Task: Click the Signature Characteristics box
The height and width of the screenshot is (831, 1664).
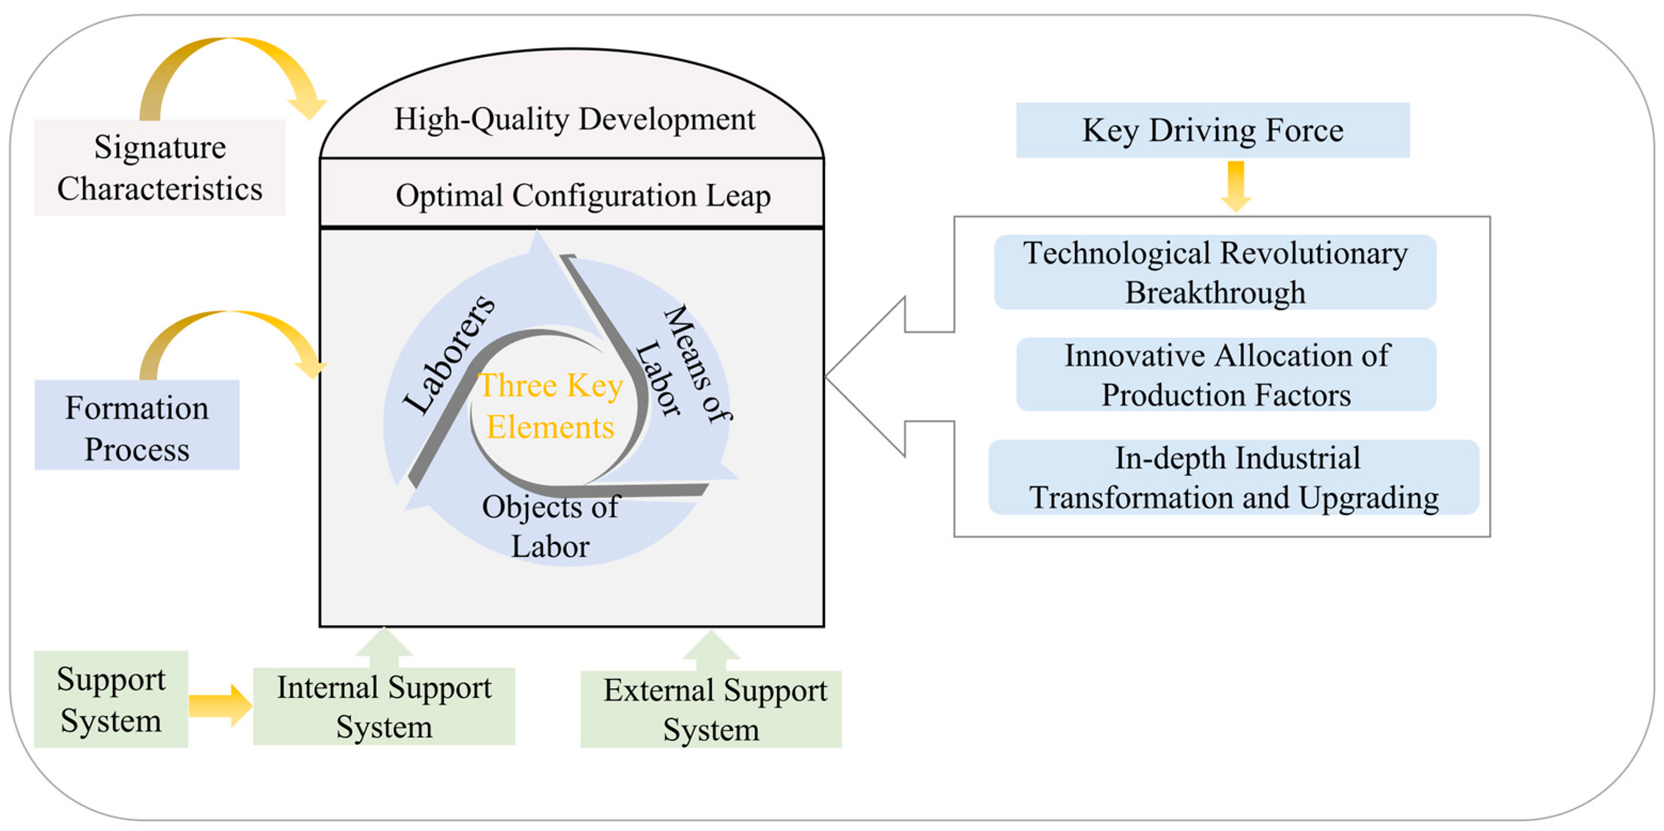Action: (x=160, y=167)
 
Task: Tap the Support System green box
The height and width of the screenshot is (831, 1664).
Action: (x=111, y=699)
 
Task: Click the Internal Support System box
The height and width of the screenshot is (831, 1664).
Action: (x=384, y=706)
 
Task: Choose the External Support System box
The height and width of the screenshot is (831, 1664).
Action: (x=711, y=710)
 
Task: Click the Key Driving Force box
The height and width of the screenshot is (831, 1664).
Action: (x=1212, y=130)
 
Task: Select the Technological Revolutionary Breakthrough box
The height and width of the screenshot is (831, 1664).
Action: (x=1215, y=272)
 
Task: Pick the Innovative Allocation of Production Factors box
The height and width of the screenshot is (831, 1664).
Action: (x=1226, y=375)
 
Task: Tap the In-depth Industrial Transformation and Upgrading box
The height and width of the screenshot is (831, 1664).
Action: (x=1233, y=477)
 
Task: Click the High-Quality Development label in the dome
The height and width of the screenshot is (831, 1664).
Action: (x=574, y=120)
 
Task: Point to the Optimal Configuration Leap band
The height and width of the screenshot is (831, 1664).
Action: (x=582, y=195)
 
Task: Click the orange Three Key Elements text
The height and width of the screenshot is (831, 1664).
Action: (x=550, y=406)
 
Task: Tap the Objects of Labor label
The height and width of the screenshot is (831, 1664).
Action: (x=550, y=526)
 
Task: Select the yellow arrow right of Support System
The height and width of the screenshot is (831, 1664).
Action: (x=219, y=705)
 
